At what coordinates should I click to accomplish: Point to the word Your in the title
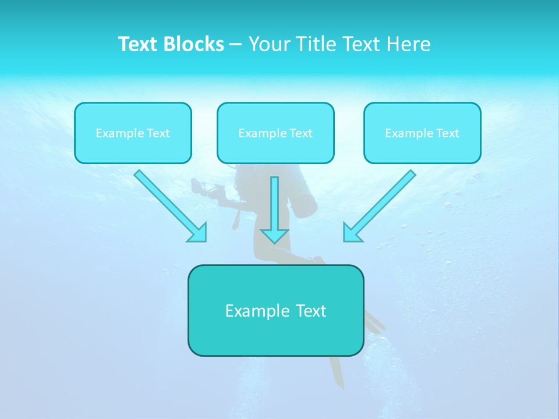[269, 44]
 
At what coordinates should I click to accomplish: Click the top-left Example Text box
[133, 133]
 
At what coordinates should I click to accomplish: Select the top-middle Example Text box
[275, 133]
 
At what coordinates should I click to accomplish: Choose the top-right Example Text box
[422, 133]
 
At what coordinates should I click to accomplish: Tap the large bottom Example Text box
[275, 311]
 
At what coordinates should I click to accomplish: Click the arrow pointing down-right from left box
[169, 205]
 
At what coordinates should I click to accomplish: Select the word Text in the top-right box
[447, 133]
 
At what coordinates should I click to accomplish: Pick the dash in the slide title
[236, 45]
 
